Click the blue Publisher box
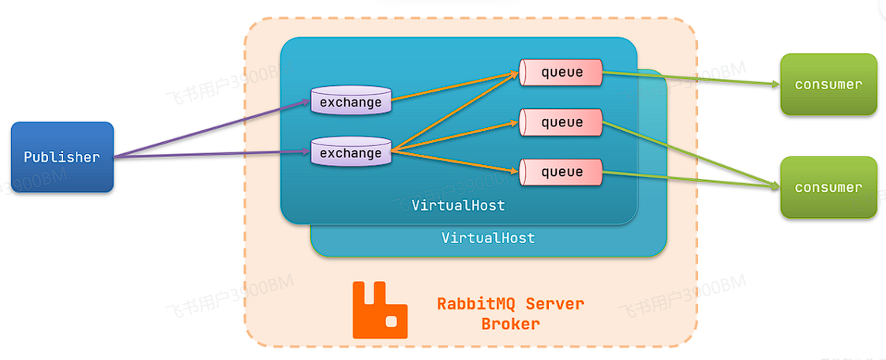pyautogui.click(x=62, y=157)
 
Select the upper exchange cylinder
pyautogui.click(x=351, y=101)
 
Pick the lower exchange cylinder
pyautogui.click(x=351, y=152)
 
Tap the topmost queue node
pyautogui.click(x=561, y=73)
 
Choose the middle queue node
pyautogui.click(x=561, y=122)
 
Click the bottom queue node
pyautogui.click(x=561, y=171)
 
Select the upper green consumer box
pyautogui.click(x=828, y=84)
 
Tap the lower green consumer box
pyautogui.click(x=828, y=187)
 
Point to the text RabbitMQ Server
pyautogui.click(x=511, y=304)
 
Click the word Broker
pyautogui.click(x=511, y=324)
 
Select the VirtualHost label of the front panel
pyautogui.click(x=458, y=205)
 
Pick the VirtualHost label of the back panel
pyautogui.click(x=488, y=238)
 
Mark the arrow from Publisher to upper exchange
pyautogui.click(x=213, y=129)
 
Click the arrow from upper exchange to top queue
pyautogui.click(x=454, y=88)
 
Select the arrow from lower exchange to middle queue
pyautogui.click(x=454, y=135)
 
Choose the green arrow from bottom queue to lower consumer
pyautogui.click(x=687, y=179)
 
